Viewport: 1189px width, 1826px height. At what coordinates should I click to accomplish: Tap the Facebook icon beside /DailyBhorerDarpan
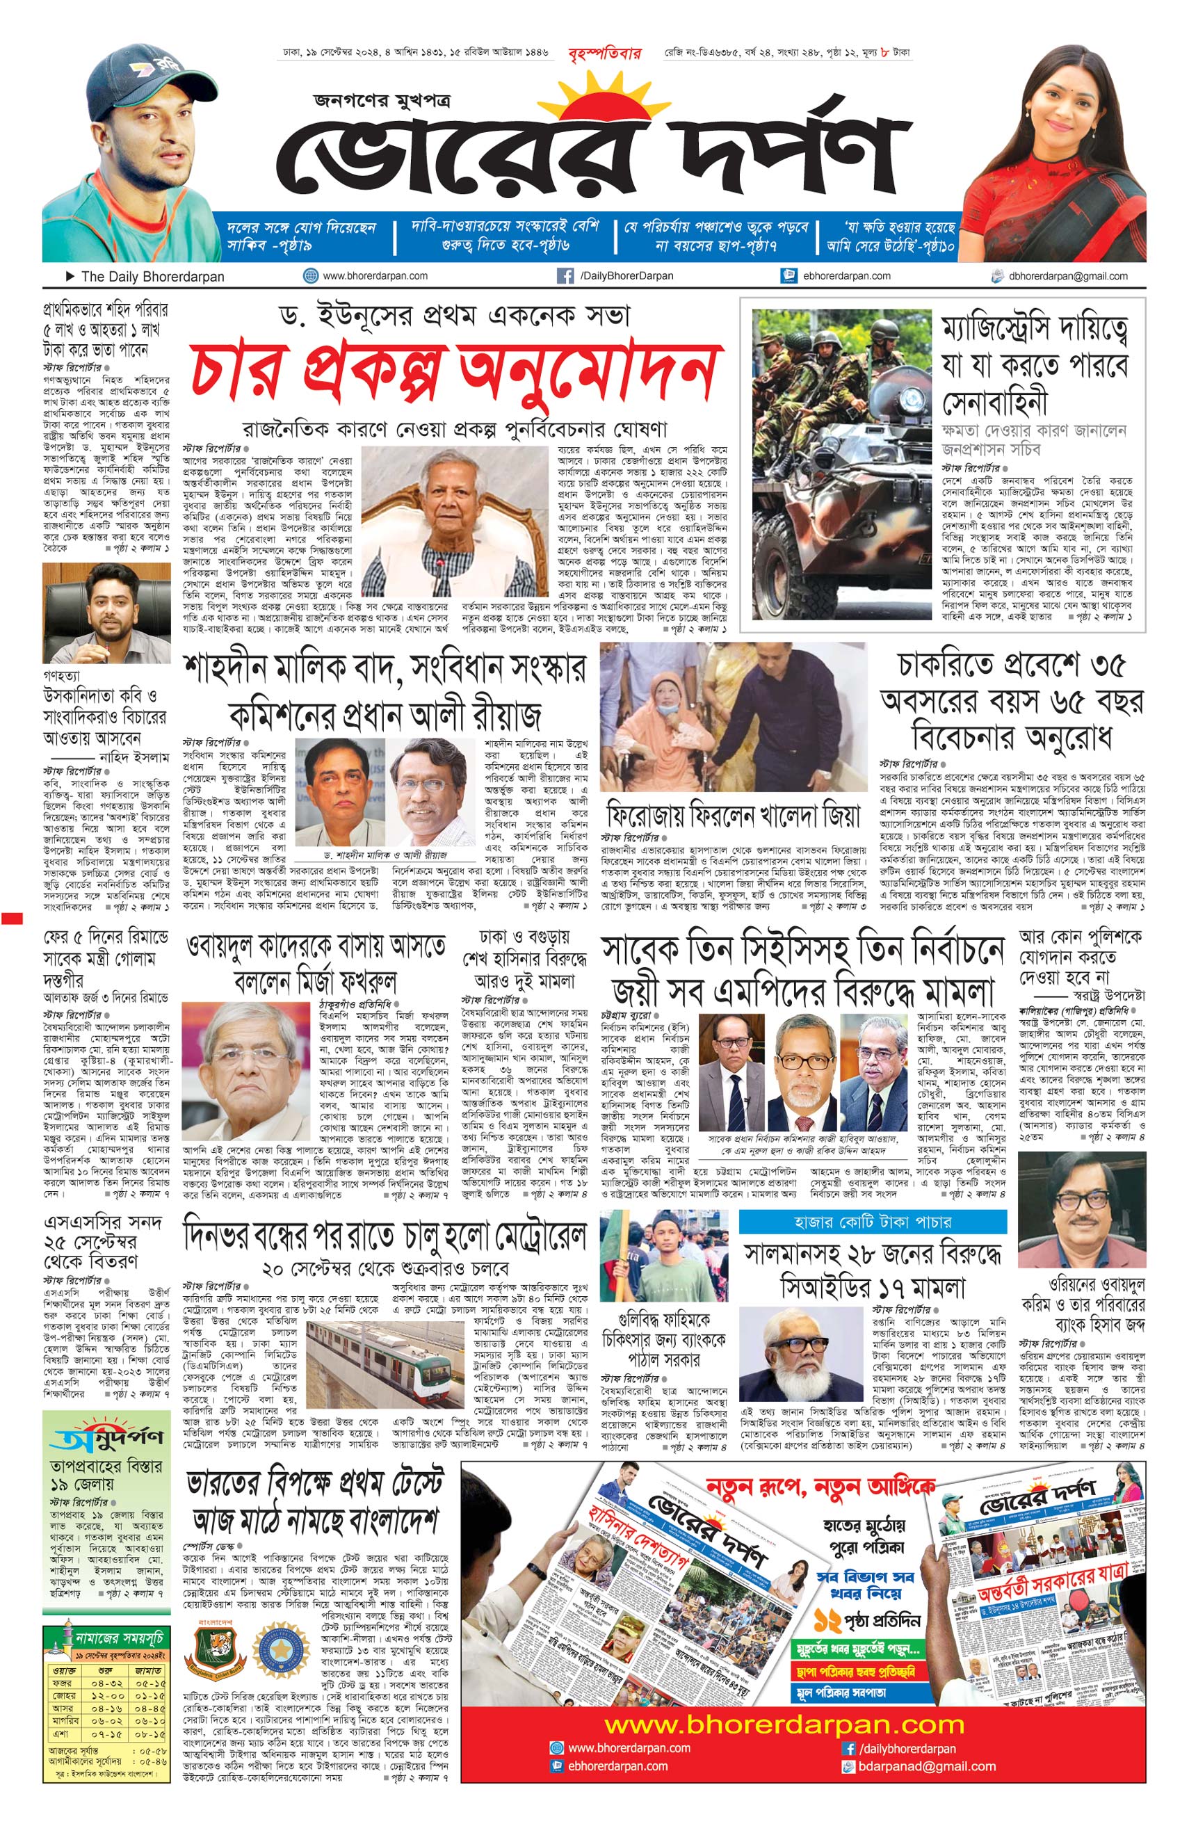(x=565, y=276)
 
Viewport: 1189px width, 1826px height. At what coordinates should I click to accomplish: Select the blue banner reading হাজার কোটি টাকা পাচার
(x=872, y=1222)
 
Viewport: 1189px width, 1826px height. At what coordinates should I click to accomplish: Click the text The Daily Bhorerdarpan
(x=153, y=277)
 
